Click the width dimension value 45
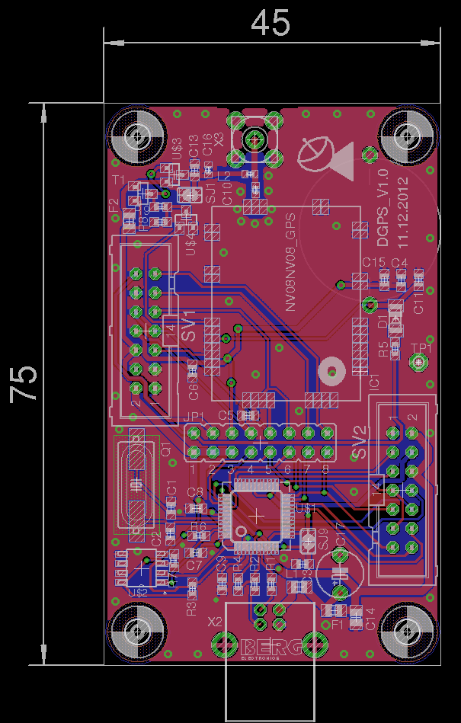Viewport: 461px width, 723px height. (271, 23)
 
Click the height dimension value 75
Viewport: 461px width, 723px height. (24, 384)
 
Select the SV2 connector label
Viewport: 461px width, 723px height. (360, 443)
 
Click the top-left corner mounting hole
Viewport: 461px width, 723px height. (137, 137)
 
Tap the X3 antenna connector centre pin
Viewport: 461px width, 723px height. (255, 139)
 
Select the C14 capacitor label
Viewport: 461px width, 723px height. (370, 618)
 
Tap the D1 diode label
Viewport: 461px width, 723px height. (383, 322)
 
